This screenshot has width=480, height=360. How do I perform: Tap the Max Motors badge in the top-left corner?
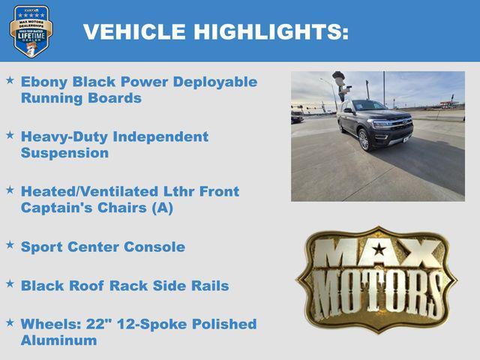(31, 31)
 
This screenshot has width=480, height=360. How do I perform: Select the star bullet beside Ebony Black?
(10, 79)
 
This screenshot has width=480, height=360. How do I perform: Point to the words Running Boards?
(81, 98)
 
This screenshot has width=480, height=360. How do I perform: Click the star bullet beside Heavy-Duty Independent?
(10, 135)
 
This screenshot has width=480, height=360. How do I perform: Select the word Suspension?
(64, 153)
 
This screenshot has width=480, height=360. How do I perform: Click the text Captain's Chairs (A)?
(97, 208)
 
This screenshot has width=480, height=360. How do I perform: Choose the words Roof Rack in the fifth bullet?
(103, 286)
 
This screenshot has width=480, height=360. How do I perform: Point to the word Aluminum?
(58, 340)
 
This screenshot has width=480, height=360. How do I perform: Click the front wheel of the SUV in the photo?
(364, 139)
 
